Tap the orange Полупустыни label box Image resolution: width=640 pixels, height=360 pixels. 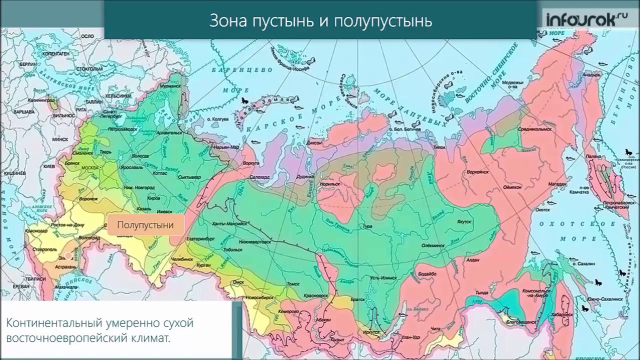[x=145, y=225]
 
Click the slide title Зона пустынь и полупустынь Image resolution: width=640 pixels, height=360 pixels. [x=320, y=21]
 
